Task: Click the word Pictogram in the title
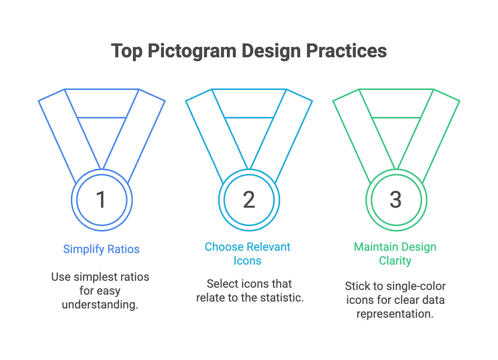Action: click(x=192, y=51)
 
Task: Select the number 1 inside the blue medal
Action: click(x=101, y=200)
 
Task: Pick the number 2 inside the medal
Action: click(x=249, y=200)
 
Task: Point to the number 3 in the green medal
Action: click(x=396, y=200)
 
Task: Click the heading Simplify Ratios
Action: click(x=101, y=249)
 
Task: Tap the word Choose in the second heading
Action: click(x=224, y=247)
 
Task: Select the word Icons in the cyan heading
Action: click(x=247, y=260)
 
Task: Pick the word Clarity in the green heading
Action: click(x=395, y=261)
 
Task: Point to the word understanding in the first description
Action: click(x=100, y=304)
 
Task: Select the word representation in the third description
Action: click(x=395, y=314)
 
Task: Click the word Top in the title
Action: click(x=126, y=52)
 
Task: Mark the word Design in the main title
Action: click(x=271, y=51)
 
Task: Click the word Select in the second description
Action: click(x=222, y=284)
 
